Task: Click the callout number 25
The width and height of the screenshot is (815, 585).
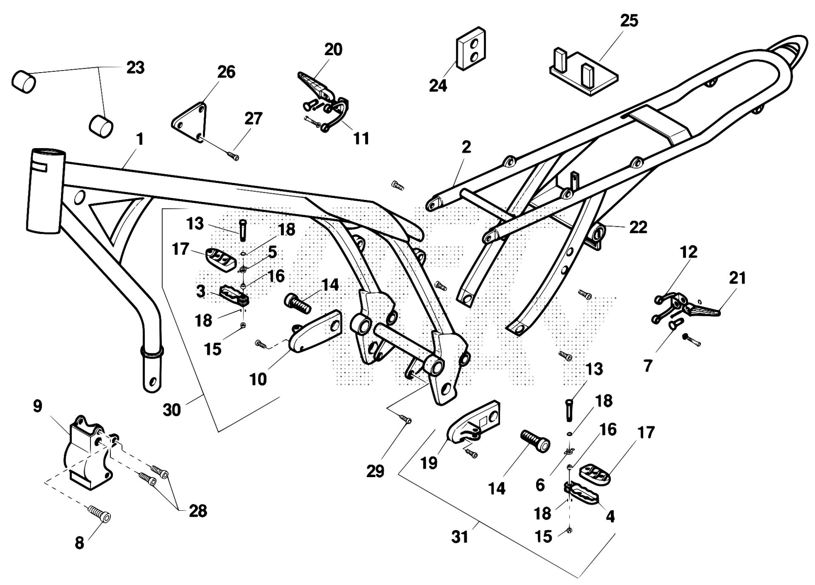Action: (x=629, y=20)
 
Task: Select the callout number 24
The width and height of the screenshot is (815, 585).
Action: (x=438, y=85)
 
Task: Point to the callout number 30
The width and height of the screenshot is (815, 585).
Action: (x=172, y=410)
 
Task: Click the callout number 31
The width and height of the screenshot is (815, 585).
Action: (x=460, y=537)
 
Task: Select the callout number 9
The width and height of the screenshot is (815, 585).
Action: (x=38, y=406)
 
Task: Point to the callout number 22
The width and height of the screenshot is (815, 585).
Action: (x=638, y=227)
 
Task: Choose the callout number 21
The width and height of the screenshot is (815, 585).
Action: (x=737, y=278)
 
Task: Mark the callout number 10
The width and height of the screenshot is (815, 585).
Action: (x=258, y=379)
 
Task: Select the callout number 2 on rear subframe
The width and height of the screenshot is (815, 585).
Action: (x=466, y=147)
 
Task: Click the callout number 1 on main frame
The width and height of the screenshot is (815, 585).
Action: (x=140, y=139)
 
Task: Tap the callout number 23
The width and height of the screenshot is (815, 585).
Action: (x=135, y=67)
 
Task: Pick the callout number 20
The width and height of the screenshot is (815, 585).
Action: (x=333, y=50)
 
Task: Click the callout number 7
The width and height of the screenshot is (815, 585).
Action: (x=648, y=366)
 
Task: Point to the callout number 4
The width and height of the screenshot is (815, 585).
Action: (x=610, y=517)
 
